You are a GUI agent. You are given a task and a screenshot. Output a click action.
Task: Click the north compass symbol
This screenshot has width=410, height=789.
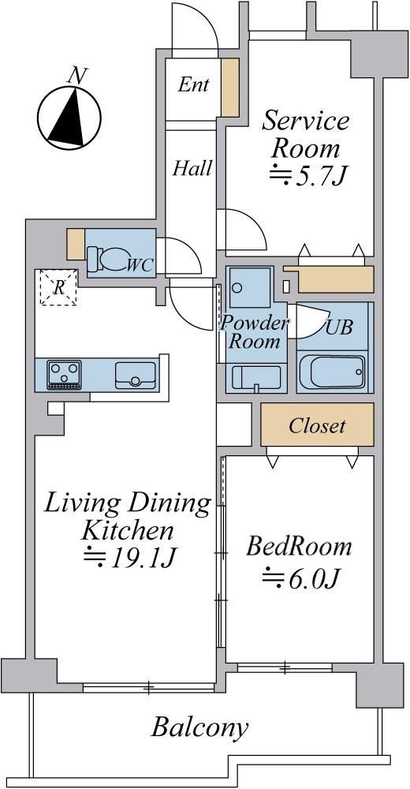69,118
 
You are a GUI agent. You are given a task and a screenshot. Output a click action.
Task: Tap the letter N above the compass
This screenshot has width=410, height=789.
76,75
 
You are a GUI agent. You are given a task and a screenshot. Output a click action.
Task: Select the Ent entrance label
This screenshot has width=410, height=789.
193,84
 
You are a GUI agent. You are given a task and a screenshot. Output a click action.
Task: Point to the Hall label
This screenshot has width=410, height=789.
192,168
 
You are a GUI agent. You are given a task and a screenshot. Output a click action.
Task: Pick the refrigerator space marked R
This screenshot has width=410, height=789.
58,287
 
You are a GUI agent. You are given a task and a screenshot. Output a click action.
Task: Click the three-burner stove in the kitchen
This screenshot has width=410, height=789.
64,375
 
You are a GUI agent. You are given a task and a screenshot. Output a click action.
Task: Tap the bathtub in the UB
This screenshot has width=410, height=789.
332,372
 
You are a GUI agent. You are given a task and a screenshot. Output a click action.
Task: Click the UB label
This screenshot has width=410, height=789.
339,327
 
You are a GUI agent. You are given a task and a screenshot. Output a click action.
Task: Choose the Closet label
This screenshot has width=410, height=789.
317,426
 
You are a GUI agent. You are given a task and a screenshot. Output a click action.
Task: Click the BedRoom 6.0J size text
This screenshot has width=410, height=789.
299,578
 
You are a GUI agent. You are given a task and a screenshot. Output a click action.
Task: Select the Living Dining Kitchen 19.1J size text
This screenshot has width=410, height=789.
129,556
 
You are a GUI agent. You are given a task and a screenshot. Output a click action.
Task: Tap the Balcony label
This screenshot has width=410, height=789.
199,727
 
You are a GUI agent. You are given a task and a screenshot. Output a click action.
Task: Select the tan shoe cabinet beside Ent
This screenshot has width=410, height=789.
230,88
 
